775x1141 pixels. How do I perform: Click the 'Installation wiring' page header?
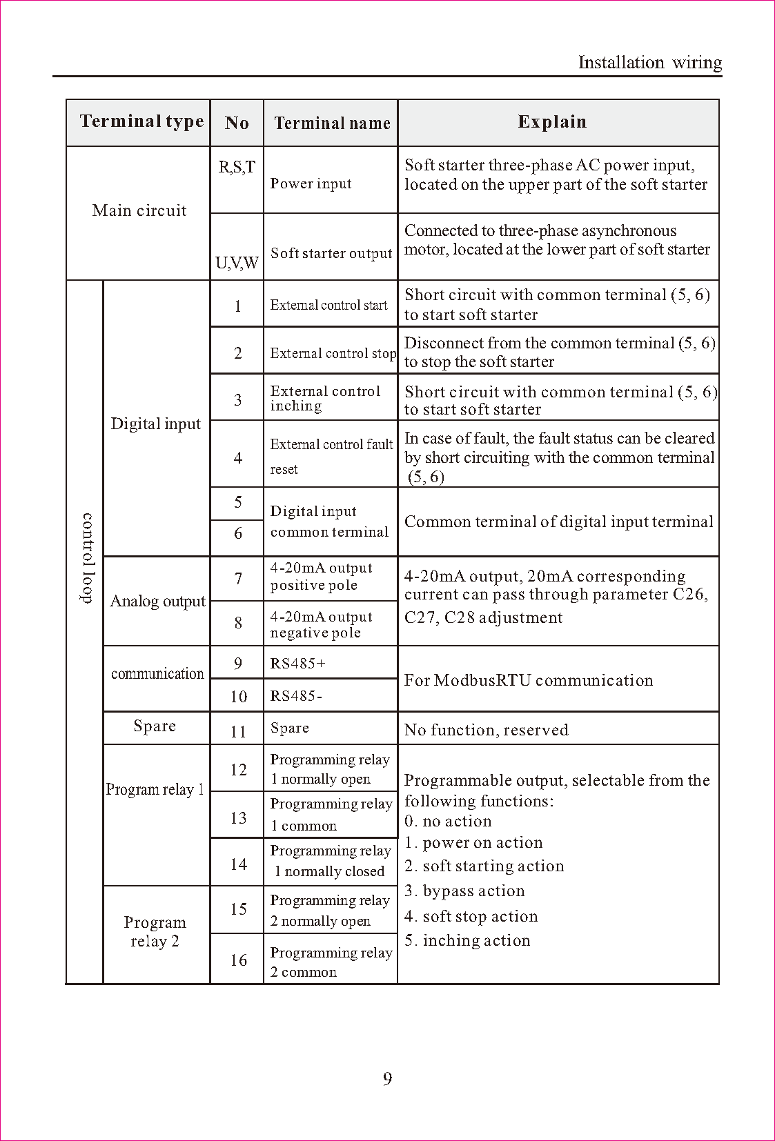(649, 63)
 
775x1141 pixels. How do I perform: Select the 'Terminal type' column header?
(141, 122)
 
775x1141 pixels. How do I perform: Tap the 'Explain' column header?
(552, 122)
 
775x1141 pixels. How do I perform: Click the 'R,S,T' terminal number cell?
(237, 168)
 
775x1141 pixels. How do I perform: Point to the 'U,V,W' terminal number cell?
(237, 263)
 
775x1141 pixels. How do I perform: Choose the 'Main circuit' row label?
(139, 211)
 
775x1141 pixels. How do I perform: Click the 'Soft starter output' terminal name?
(331, 253)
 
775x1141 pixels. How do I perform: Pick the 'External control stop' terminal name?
(333, 353)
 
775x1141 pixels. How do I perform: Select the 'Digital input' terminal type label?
(156, 424)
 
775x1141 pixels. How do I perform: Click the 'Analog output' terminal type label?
(157, 602)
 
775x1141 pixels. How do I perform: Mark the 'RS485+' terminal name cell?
(298, 664)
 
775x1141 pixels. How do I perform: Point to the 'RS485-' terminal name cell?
(296, 696)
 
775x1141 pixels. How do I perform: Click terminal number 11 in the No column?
(238, 731)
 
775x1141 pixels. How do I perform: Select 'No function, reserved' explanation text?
(486, 730)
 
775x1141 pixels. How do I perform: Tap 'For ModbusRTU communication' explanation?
(529, 680)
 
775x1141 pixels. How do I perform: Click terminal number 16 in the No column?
(238, 960)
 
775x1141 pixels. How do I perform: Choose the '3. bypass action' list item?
(464, 891)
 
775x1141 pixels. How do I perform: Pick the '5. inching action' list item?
(467, 941)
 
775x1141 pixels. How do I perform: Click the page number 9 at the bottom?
(387, 1079)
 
